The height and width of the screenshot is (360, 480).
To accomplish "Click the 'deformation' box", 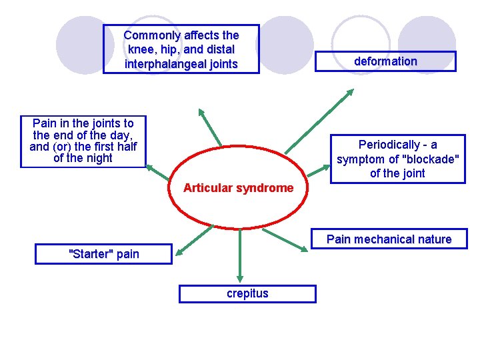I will tap(385, 61).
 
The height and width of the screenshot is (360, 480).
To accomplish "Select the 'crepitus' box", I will tap(247, 293).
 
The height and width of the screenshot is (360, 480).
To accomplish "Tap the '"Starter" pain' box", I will tap(105, 253).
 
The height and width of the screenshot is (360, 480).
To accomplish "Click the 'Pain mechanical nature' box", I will tap(389, 239).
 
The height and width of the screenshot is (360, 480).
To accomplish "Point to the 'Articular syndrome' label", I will tap(238, 188).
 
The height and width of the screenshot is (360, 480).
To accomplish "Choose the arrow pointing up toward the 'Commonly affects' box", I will tap(211, 127).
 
